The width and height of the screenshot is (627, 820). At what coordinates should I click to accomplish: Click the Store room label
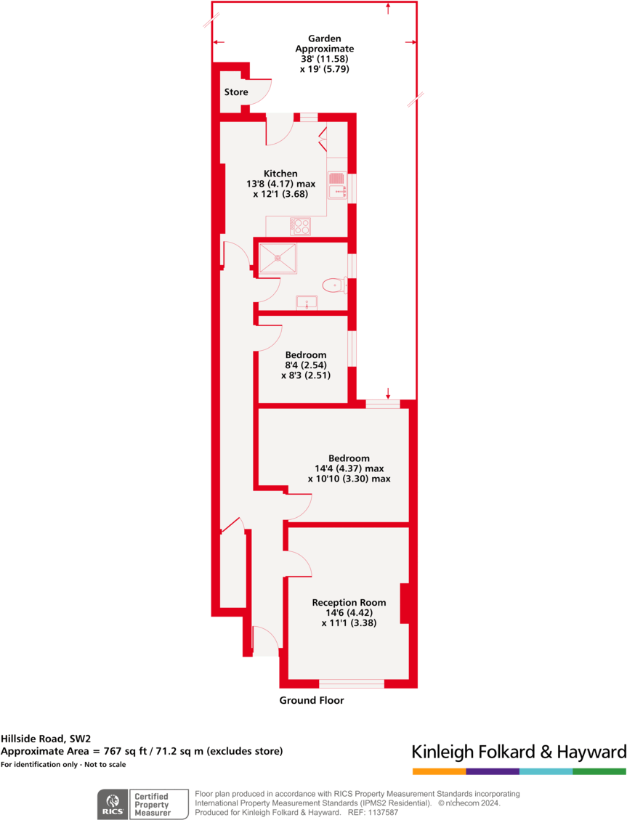pyautogui.click(x=235, y=92)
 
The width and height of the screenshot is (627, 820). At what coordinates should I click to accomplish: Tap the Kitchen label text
pyautogui.click(x=280, y=174)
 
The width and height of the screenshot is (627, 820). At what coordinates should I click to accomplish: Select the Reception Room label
pyautogui.click(x=349, y=602)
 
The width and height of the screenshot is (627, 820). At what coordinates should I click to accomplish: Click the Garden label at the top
pyautogui.click(x=324, y=38)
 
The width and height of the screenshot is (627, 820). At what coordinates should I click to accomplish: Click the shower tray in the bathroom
pyautogui.click(x=278, y=257)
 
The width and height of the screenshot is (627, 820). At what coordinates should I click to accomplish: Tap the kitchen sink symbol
pyautogui.click(x=336, y=185)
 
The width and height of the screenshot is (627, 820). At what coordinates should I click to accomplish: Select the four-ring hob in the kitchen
pyautogui.click(x=300, y=226)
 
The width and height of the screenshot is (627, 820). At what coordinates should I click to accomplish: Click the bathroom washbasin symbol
pyautogui.click(x=307, y=302)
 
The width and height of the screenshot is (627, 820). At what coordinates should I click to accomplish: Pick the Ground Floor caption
pyautogui.click(x=312, y=701)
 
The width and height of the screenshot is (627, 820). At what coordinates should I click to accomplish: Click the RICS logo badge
pyautogui.click(x=112, y=804)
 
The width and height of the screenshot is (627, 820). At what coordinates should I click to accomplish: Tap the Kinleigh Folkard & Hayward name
pyautogui.click(x=519, y=751)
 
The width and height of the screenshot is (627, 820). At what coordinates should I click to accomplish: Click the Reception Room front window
pyautogui.click(x=352, y=683)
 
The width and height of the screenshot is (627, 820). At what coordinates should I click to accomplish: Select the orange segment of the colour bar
pyautogui.click(x=439, y=771)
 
